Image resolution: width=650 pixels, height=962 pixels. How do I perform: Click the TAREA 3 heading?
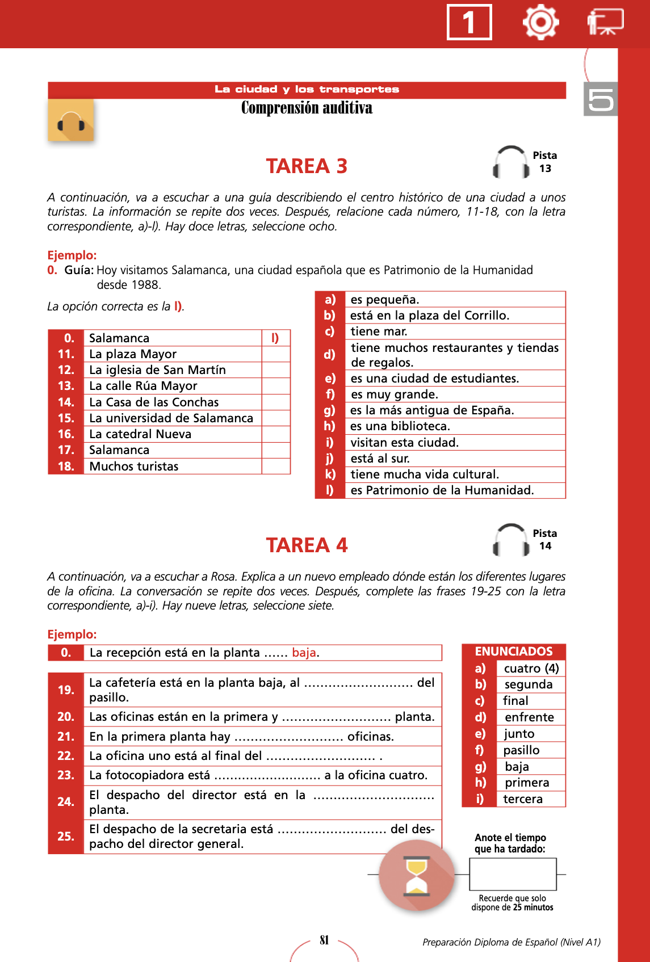coord(307,166)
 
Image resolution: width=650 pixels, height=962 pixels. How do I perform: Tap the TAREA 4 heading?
coord(307,545)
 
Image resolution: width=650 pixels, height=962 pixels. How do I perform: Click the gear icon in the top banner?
coord(540,22)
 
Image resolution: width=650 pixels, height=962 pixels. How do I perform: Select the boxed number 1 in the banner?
coord(469,23)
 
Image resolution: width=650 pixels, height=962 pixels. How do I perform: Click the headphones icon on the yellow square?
coord(71,121)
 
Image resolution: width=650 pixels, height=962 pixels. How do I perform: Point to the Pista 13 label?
coord(544,162)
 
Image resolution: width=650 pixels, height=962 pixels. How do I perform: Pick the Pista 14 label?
coord(544,540)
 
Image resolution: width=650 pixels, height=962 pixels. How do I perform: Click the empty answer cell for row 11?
coord(276,354)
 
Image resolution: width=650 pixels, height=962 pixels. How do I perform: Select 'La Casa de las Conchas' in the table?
coord(154,402)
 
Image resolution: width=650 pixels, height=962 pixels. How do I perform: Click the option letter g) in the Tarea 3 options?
coord(330,410)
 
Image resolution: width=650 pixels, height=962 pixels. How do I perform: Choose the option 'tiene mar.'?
coord(379,331)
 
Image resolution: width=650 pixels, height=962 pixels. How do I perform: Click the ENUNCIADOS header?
coord(514,652)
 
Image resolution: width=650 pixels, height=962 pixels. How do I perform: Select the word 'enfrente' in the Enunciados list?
coord(529,717)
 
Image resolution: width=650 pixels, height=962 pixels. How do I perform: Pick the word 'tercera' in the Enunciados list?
coord(523,799)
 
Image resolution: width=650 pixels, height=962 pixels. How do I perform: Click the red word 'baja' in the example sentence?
coord(304,653)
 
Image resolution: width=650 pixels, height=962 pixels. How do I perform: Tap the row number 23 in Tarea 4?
coord(66,775)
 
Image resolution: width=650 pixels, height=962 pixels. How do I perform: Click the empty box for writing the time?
coord(513,874)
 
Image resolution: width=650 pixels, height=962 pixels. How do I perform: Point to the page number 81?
coord(324,940)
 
